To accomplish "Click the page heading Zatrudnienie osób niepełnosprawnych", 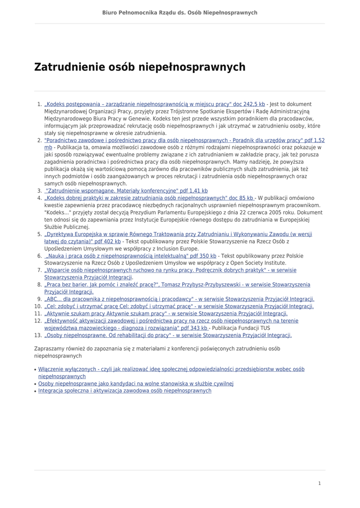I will click(140, 67).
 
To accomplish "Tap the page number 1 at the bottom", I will click(320, 483).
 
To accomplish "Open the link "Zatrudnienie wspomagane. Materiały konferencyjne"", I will click(126, 191).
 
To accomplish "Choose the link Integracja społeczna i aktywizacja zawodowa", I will click(125, 391).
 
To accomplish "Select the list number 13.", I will click(38, 335).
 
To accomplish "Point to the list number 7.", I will click(40, 270).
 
